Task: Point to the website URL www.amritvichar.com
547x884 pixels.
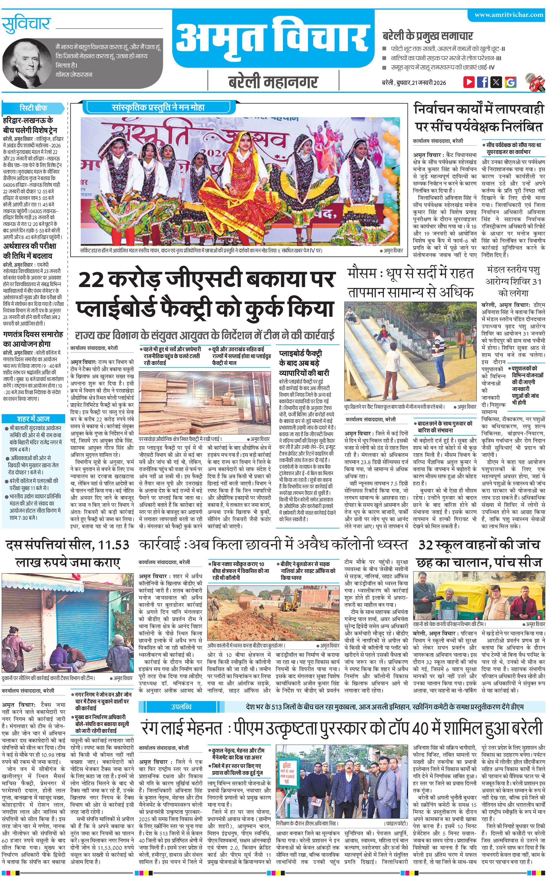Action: tap(509, 15)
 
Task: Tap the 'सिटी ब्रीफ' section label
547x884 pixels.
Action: tap(33, 108)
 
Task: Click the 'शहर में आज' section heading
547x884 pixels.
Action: tap(33, 419)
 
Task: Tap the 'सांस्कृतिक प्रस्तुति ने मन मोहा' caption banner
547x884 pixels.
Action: tap(158, 107)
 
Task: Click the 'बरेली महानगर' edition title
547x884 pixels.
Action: tap(273, 82)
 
